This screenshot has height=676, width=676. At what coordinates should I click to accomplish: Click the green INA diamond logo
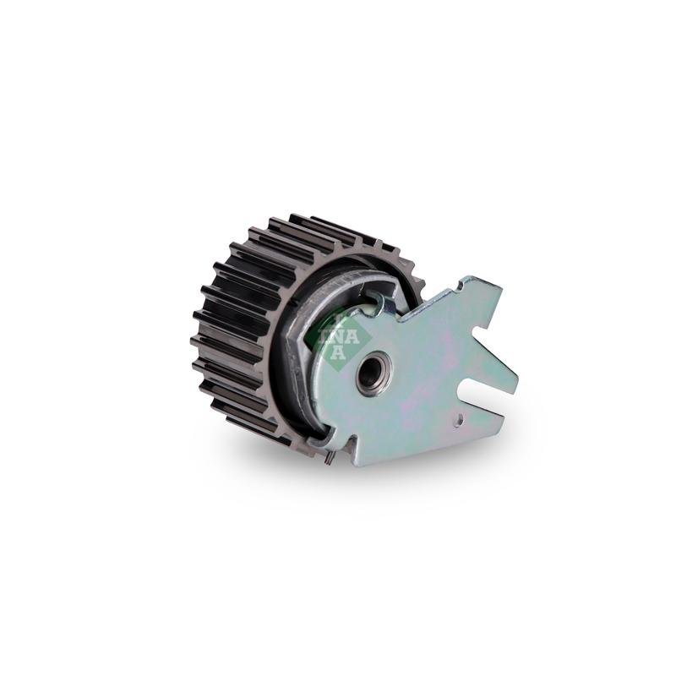pyautogui.click(x=341, y=336)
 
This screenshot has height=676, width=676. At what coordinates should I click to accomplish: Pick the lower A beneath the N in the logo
pyautogui.click(x=340, y=352)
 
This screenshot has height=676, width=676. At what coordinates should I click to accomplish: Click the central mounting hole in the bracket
pyautogui.click(x=372, y=373)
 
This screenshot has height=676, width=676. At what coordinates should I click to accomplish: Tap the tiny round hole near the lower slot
pyautogui.click(x=461, y=417)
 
